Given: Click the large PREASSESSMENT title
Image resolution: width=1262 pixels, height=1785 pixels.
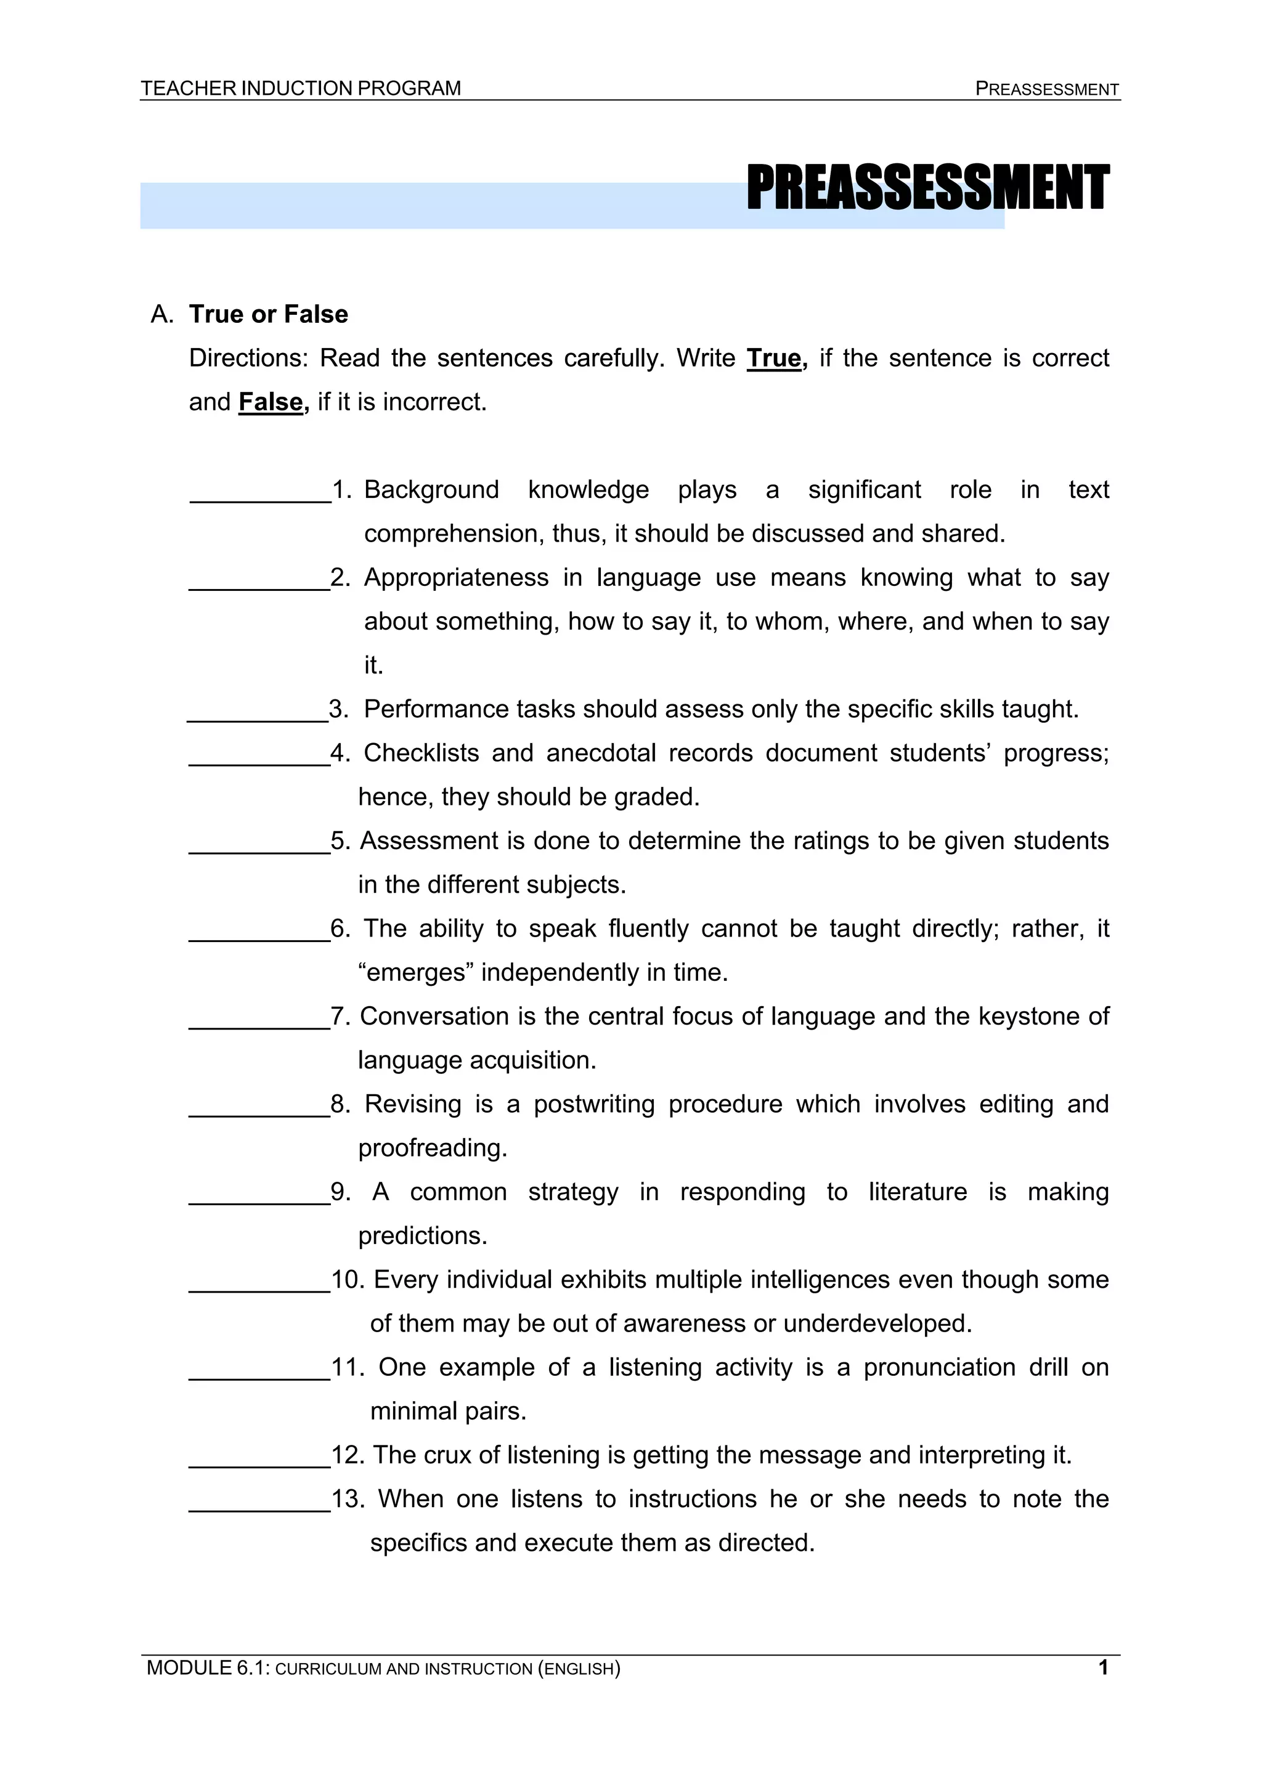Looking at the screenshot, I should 927,189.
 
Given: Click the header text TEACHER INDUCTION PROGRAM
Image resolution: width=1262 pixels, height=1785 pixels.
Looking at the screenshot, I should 300,89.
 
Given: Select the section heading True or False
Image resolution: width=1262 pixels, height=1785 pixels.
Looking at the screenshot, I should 268,314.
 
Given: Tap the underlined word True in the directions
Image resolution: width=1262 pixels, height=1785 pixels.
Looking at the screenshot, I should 774,359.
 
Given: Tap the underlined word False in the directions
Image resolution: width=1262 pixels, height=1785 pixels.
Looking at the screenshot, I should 271,402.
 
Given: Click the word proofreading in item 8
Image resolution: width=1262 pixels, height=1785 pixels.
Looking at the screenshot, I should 433,1149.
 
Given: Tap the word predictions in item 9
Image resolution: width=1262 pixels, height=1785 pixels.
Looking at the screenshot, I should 422,1236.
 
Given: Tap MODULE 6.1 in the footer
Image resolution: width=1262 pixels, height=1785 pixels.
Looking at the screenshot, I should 207,1669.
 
